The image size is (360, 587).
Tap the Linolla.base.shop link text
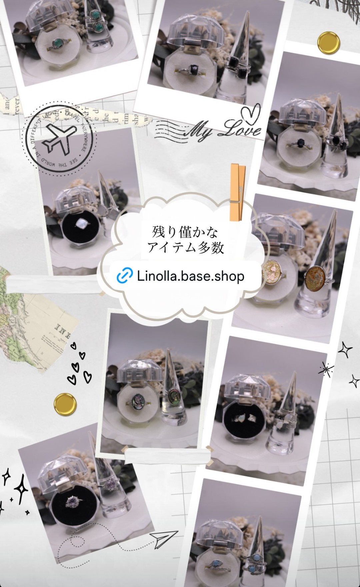190,276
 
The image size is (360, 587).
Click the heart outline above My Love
250,113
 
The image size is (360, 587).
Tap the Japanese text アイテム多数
185,247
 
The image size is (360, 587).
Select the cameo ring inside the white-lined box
138,399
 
